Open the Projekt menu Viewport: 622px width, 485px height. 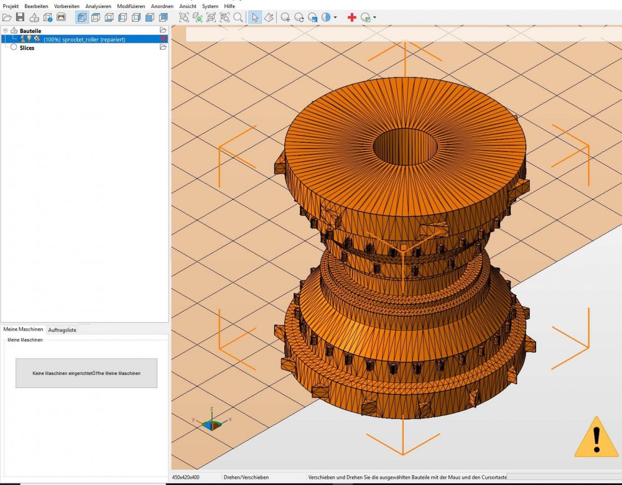click(11, 6)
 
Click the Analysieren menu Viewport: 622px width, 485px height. click(98, 6)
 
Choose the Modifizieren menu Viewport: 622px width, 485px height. click(131, 6)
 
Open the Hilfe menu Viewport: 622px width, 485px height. click(230, 6)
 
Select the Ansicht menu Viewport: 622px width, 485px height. click(187, 6)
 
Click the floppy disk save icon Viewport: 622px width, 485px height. click(20, 17)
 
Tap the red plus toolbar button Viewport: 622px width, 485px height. click(352, 17)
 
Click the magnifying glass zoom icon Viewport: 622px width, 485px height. click(238, 17)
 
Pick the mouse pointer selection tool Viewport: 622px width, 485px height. click(254, 17)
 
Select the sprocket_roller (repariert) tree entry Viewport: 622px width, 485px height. click(84, 39)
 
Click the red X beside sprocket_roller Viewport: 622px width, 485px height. click(163, 39)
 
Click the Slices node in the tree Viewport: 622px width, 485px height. click(27, 48)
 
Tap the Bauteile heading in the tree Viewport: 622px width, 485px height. click(30, 30)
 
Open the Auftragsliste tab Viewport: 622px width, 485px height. click(62, 330)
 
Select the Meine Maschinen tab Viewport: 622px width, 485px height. click(24, 330)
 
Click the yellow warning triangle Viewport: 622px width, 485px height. click(596, 438)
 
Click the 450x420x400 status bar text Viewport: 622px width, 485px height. click(187, 478)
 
